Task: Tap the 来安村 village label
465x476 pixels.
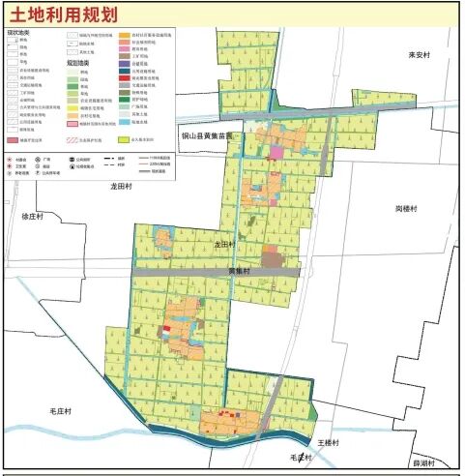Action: pyautogui.click(x=418, y=56)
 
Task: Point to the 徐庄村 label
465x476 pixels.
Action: pyautogui.click(x=34, y=217)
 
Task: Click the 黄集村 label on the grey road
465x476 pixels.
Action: pyautogui.click(x=239, y=272)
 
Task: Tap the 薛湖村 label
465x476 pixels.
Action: pyautogui.click(x=423, y=462)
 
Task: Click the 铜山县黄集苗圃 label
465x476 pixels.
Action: pyautogui.click(x=214, y=136)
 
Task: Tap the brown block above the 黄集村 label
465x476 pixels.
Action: pyautogui.click(x=274, y=258)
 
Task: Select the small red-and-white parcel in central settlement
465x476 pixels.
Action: pyautogui.click(x=166, y=331)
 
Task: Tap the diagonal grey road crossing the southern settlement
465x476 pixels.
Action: pyautogui.click(x=274, y=406)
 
